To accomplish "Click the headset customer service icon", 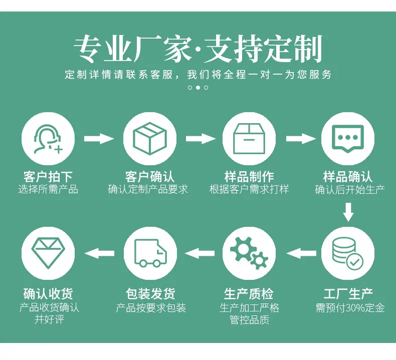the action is [48, 139].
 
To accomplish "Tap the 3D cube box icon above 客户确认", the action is [150, 138].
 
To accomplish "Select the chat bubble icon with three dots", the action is [348, 139].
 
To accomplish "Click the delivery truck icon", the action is [151, 253].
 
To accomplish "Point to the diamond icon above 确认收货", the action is [48, 252].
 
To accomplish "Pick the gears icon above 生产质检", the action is [249, 253].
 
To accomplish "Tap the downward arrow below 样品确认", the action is [348, 212].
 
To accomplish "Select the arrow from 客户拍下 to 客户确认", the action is [99, 139].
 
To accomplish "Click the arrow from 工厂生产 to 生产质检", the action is [301, 253].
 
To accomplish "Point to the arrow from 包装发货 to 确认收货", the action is [99, 253].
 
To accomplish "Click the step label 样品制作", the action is [249, 177].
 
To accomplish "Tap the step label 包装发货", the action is [150, 293].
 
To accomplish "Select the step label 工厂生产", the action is [348, 293].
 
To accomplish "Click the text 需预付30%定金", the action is [350, 308].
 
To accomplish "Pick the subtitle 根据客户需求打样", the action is [249, 189].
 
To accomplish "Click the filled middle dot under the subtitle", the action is [198, 88].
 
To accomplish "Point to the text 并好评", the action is [49, 319].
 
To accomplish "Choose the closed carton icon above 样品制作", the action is [249, 139].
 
